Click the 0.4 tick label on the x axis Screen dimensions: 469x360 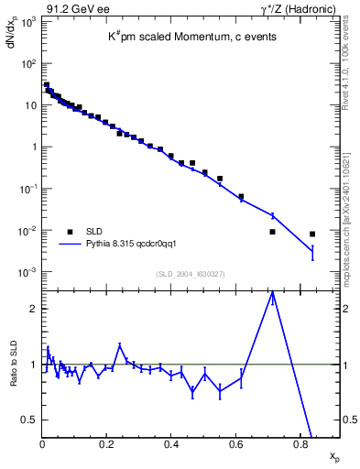coord(171,445)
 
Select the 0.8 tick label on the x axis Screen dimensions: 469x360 coord(300,445)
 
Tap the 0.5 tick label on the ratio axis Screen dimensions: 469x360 coord(30,420)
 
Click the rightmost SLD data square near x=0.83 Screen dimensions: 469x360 coord(312,234)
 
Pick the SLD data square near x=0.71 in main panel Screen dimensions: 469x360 coord(272,232)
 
